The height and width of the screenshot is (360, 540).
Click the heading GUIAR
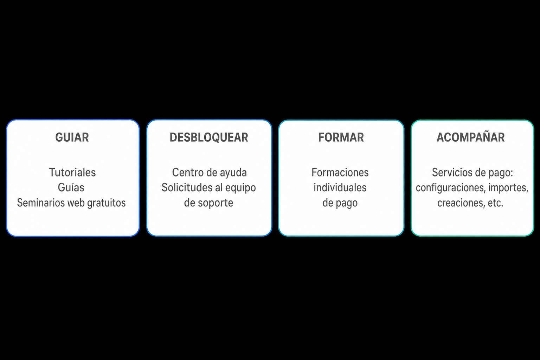(x=72, y=137)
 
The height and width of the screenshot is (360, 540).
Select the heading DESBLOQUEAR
(x=209, y=137)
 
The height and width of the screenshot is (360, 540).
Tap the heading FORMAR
(x=341, y=137)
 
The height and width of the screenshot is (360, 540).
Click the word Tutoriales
(x=72, y=172)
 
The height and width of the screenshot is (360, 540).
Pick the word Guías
(x=71, y=187)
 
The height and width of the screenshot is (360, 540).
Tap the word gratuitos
(x=106, y=203)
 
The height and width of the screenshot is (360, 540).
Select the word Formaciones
(x=340, y=172)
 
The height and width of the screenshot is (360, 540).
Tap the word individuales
(x=340, y=187)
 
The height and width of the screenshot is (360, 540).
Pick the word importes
(x=508, y=188)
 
